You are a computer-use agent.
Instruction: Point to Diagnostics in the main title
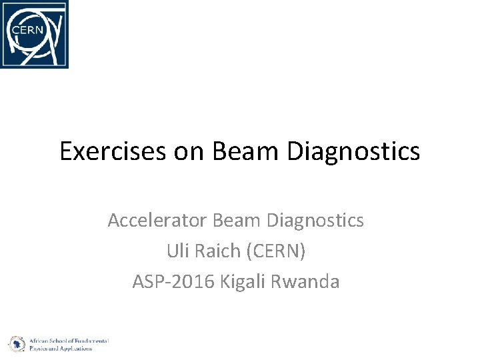[354, 151]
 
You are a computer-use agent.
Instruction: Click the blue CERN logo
[35, 35]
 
